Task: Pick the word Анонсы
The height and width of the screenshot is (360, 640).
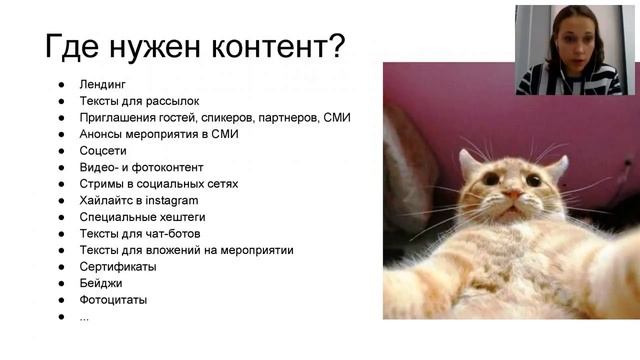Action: tap(102, 134)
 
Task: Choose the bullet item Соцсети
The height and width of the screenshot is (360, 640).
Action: tap(103, 151)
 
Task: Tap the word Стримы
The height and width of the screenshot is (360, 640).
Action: tap(104, 184)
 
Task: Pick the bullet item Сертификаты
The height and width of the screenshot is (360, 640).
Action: tap(118, 267)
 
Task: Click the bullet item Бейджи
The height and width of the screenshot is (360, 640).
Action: tap(104, 284)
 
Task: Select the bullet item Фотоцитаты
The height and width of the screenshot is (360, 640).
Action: tap(114, 300)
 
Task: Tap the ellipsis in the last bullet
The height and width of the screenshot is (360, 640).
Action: tap(85, 317)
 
